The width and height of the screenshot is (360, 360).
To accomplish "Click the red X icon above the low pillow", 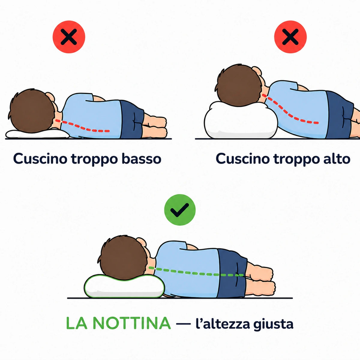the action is [x=69, y=37].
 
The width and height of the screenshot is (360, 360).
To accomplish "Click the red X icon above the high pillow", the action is [x=290, y=37].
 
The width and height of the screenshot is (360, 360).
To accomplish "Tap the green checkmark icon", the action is [x=180, y=210].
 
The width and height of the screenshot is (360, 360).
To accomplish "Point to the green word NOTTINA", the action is [x=131, y=323].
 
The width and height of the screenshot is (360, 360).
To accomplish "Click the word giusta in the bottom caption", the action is [x=273, y=324].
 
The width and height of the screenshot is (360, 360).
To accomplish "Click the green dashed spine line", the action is [x=196, y=273].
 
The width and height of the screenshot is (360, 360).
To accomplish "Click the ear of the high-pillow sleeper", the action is [x=257, y=71].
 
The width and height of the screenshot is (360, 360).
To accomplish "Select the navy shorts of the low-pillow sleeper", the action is [x=132, y=120].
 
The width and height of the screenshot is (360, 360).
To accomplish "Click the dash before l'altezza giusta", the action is [x=184, y=324].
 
